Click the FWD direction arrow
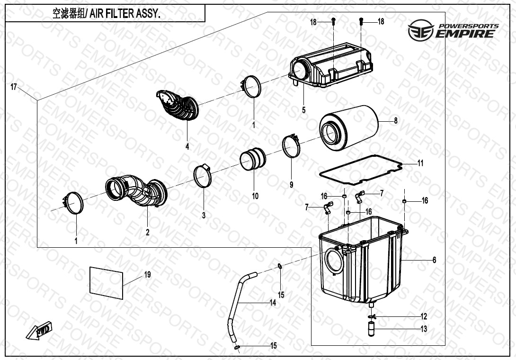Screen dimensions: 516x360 39,330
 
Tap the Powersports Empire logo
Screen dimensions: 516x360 453,30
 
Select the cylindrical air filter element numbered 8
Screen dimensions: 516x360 348,128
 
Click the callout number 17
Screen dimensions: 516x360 14,87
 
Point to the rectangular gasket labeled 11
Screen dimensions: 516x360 361,170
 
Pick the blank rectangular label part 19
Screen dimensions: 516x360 107,283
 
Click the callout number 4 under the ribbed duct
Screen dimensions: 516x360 187,146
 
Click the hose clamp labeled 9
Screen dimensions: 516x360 291,146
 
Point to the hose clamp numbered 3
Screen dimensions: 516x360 202,176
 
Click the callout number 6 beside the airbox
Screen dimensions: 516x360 434,260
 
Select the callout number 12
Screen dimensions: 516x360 424,316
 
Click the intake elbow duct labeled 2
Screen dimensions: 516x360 136,191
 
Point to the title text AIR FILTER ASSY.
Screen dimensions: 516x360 125,14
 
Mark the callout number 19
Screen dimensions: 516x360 147,274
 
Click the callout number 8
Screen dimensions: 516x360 396,120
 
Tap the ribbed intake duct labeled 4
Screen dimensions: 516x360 178,105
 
